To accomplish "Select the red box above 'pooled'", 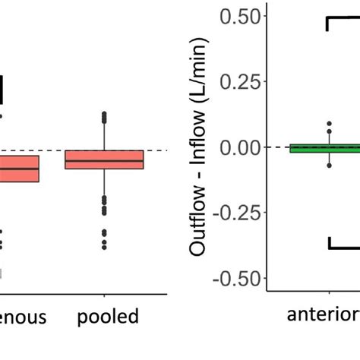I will (x=104, y=159).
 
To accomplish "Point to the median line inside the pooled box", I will (x=104, y=161).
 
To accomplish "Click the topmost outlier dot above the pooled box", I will (x=104, y=114).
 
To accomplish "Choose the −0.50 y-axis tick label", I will (x=238, y=279).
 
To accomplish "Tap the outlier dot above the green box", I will (x=330, y=123).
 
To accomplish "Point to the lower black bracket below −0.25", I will (x=343, y=245).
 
